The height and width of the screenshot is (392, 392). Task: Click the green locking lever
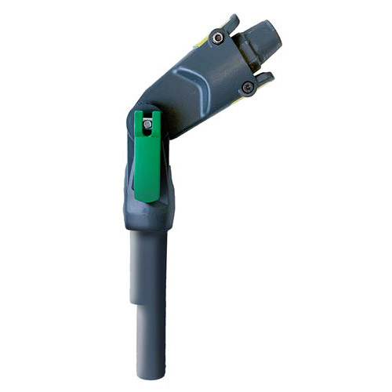tap(146, 161)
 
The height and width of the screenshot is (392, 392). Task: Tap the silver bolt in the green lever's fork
tap(147, 124)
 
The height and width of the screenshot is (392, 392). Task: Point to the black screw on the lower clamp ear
tap(249, 88)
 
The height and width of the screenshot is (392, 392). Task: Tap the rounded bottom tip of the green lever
tap(146, 198)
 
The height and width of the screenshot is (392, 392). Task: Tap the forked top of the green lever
tap(147, 118)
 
